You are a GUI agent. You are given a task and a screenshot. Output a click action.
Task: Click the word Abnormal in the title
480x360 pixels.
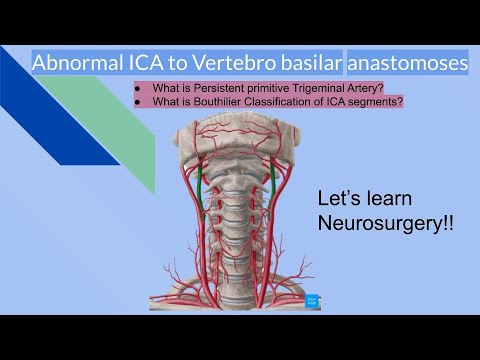tap(75, 63)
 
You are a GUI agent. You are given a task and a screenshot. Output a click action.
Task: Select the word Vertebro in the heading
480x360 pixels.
tap(228, 63)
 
